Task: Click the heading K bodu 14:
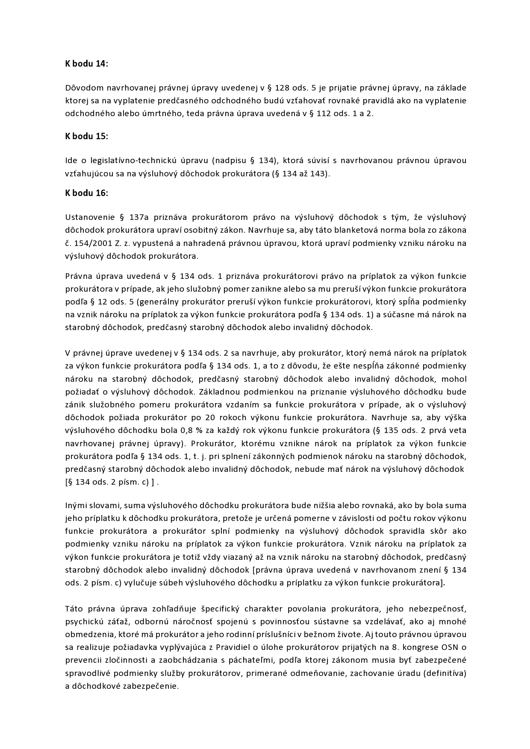86,64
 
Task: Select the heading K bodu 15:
86,137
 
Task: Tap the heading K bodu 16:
86,193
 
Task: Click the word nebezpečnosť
437,609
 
